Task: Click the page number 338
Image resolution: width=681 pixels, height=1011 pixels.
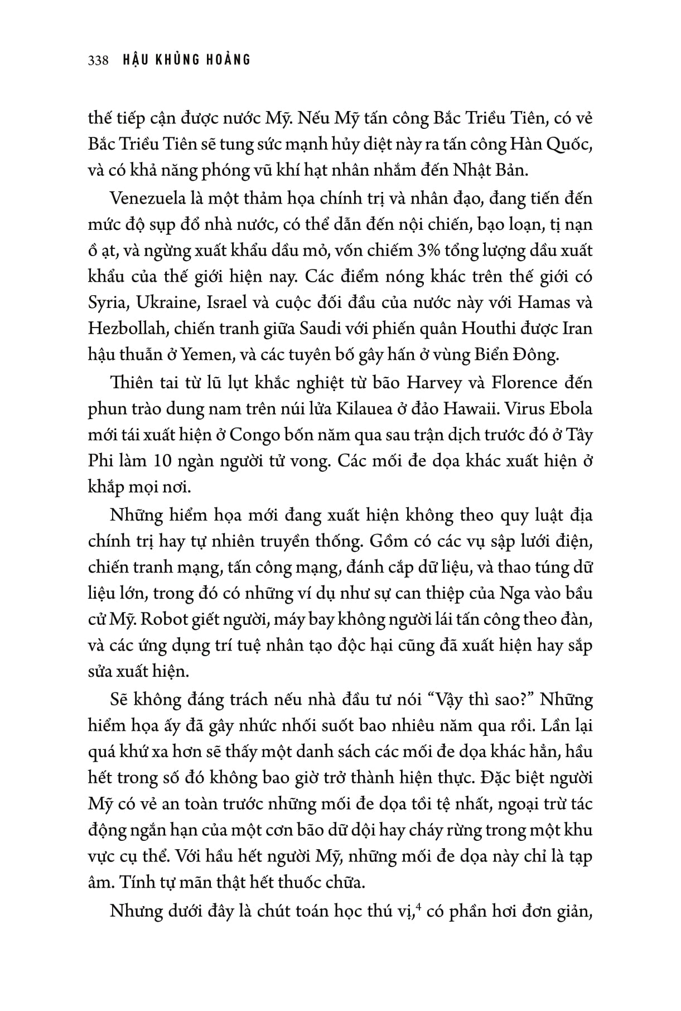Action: pos(98,60)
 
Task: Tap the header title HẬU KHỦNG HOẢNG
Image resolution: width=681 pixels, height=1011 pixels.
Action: pos(186,60)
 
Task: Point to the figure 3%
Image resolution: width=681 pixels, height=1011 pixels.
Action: pos(429,251)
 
